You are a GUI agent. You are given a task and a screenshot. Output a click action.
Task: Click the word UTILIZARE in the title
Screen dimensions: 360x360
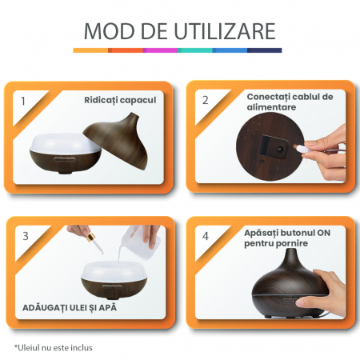pyautogui.click(x=225, y=31)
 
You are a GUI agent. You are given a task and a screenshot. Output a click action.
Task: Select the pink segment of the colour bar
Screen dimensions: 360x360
pyautogui.click(x=160, y=50)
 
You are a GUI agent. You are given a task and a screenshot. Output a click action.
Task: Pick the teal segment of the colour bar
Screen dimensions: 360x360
pyautogui.click(x=195, y=50)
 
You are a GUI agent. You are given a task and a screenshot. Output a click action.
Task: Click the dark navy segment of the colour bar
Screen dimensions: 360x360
pyautogui.click(x=265, y=50)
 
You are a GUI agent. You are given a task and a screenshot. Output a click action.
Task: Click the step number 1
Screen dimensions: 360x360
pyautogui.click(x=23, y=101)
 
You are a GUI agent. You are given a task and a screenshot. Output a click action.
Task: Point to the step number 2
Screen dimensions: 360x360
pyautogui.click(x=205, y=100)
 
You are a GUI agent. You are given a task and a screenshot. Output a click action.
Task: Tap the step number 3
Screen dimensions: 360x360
pyautogui.click(x=26, y=236)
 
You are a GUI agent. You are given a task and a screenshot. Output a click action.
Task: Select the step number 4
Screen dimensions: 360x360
pyautogui.click(x=206, y=236)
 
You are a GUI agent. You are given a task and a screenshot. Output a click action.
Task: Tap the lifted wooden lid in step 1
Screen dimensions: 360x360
pyautogui.click(x=118, y=140)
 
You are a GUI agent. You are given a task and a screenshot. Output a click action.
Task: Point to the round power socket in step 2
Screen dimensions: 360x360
pyautogui.click(x=280, y=150)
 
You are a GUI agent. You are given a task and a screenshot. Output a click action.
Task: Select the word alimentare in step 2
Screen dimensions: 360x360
pyautogui.click(x=271, y=107)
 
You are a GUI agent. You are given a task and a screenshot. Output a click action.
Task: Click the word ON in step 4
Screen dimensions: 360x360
pyautogui.click(x=323, y=233)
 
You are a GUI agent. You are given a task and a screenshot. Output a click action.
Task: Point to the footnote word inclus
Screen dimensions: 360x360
pyautogui.click(x=82, y=348)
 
